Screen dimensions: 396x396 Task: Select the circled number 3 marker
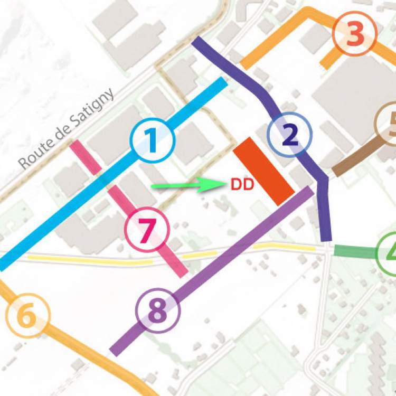click(355, 34)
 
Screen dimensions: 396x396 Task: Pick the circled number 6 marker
click(27, 316)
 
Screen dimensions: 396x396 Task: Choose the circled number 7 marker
click(147, 229)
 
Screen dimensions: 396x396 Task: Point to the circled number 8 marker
click(158, 310)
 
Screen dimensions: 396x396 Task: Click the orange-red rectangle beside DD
click(263, 171)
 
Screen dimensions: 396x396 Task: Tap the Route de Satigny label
click(67, 129)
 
